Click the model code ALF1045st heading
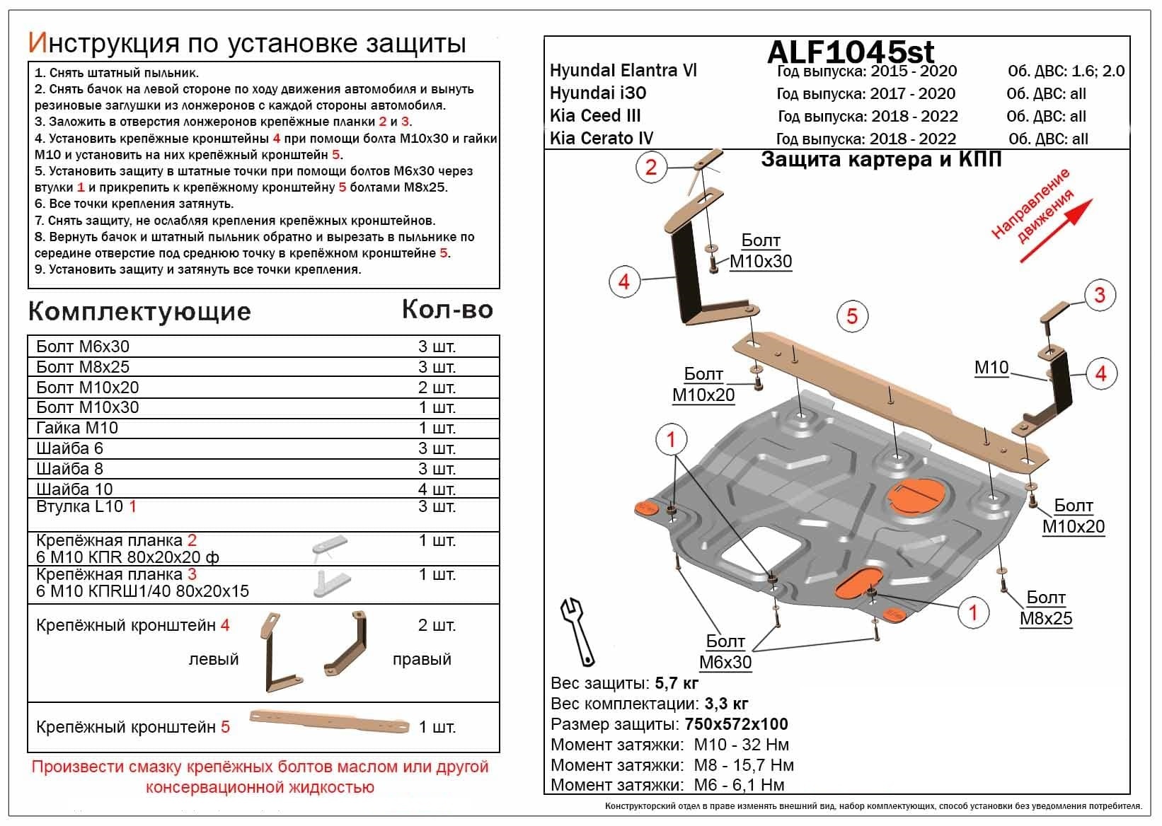(x=850, y=52)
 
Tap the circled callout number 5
(x=851, y=316)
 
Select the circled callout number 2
(x=650, y=168)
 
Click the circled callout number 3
(x=1099, y=295)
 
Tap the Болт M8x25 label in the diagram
(x=1045, y=608)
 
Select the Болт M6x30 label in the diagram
(x=725, y=652)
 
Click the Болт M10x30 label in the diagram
(x=760, y=251)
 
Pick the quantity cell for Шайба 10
(x=437, y=489)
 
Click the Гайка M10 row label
(x=77, y=428)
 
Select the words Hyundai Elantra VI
(x=623, y=71)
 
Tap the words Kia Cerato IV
(x=602, y=139)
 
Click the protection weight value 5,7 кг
(x=677, y=683)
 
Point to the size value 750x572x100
(x=736, y=724)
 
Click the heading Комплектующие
(x=139, y=312)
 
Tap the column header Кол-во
(x=447, y=310)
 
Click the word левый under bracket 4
(x=213, y=659)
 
